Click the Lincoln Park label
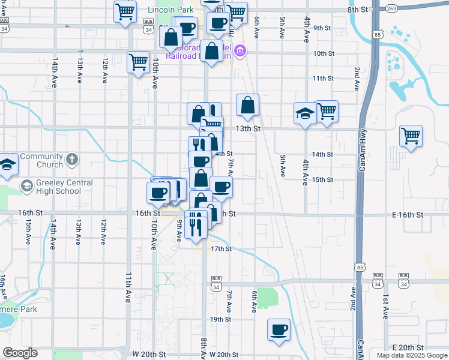coord(171,10)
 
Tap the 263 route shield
coord(392,8)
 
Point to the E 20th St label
coord(408,348)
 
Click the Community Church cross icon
coord(71,160)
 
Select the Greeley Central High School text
coord(58,187)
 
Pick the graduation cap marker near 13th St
coord(305,113)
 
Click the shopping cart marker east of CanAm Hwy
coord(411,136)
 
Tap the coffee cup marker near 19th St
coord(279,329)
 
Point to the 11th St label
coord(322,79)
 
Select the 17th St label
coord(221,248)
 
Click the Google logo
coord(20,353)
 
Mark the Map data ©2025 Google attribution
coord(411,355)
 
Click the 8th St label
coord(357,10)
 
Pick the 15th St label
coord(322,179)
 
